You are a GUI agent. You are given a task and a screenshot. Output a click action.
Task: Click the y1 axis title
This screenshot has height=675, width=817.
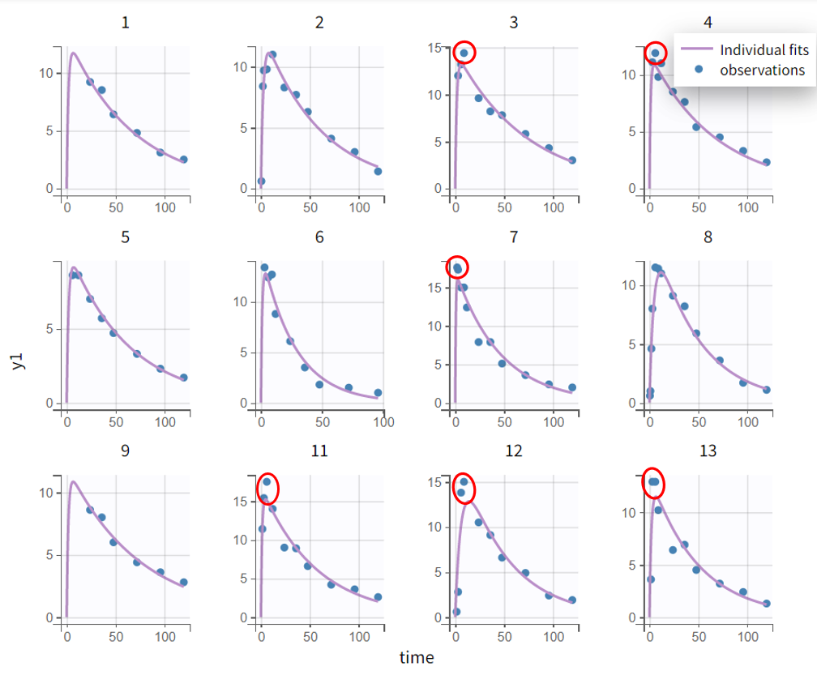tap(18, 357)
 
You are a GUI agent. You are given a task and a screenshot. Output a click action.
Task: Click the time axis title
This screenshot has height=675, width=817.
tap(417, 657)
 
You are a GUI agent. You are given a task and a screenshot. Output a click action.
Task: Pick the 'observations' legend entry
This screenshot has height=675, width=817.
tap(762, 70)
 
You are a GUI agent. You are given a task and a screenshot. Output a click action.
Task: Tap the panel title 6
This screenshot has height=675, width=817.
tap(319, 237)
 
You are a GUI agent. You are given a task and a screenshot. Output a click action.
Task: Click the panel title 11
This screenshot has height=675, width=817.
tap(319, 451)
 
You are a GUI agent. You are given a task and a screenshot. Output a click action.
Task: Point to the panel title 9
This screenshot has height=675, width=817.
tap(125, 451)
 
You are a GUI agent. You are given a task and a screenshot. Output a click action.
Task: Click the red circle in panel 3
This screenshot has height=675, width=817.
tap(464, 53)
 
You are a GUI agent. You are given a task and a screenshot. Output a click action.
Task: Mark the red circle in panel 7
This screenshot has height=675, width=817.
tap(457, 267)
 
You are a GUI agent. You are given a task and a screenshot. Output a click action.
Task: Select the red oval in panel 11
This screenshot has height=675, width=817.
tap(267, 488)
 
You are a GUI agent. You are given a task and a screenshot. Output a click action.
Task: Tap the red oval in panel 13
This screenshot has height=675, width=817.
tap(653, 482)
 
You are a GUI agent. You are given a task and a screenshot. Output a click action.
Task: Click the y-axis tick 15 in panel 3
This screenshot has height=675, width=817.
tap(435, 48)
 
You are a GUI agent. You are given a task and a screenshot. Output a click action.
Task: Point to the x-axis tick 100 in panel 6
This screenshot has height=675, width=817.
tap(383, 422)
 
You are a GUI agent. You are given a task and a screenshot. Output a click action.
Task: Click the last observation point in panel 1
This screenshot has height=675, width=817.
tap(184, 160)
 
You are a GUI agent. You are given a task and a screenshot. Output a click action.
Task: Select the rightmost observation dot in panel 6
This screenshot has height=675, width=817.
tap(378, 393)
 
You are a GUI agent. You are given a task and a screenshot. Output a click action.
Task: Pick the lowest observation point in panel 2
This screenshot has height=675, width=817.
tap(261, 182)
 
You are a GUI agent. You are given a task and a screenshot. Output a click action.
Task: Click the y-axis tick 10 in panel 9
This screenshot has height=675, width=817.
tap(47, 493)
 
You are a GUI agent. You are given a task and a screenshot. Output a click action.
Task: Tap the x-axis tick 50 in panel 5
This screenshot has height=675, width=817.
tap(116, 422)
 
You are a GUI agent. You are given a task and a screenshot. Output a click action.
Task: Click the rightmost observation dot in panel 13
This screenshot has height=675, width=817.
tap(767, 603)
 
